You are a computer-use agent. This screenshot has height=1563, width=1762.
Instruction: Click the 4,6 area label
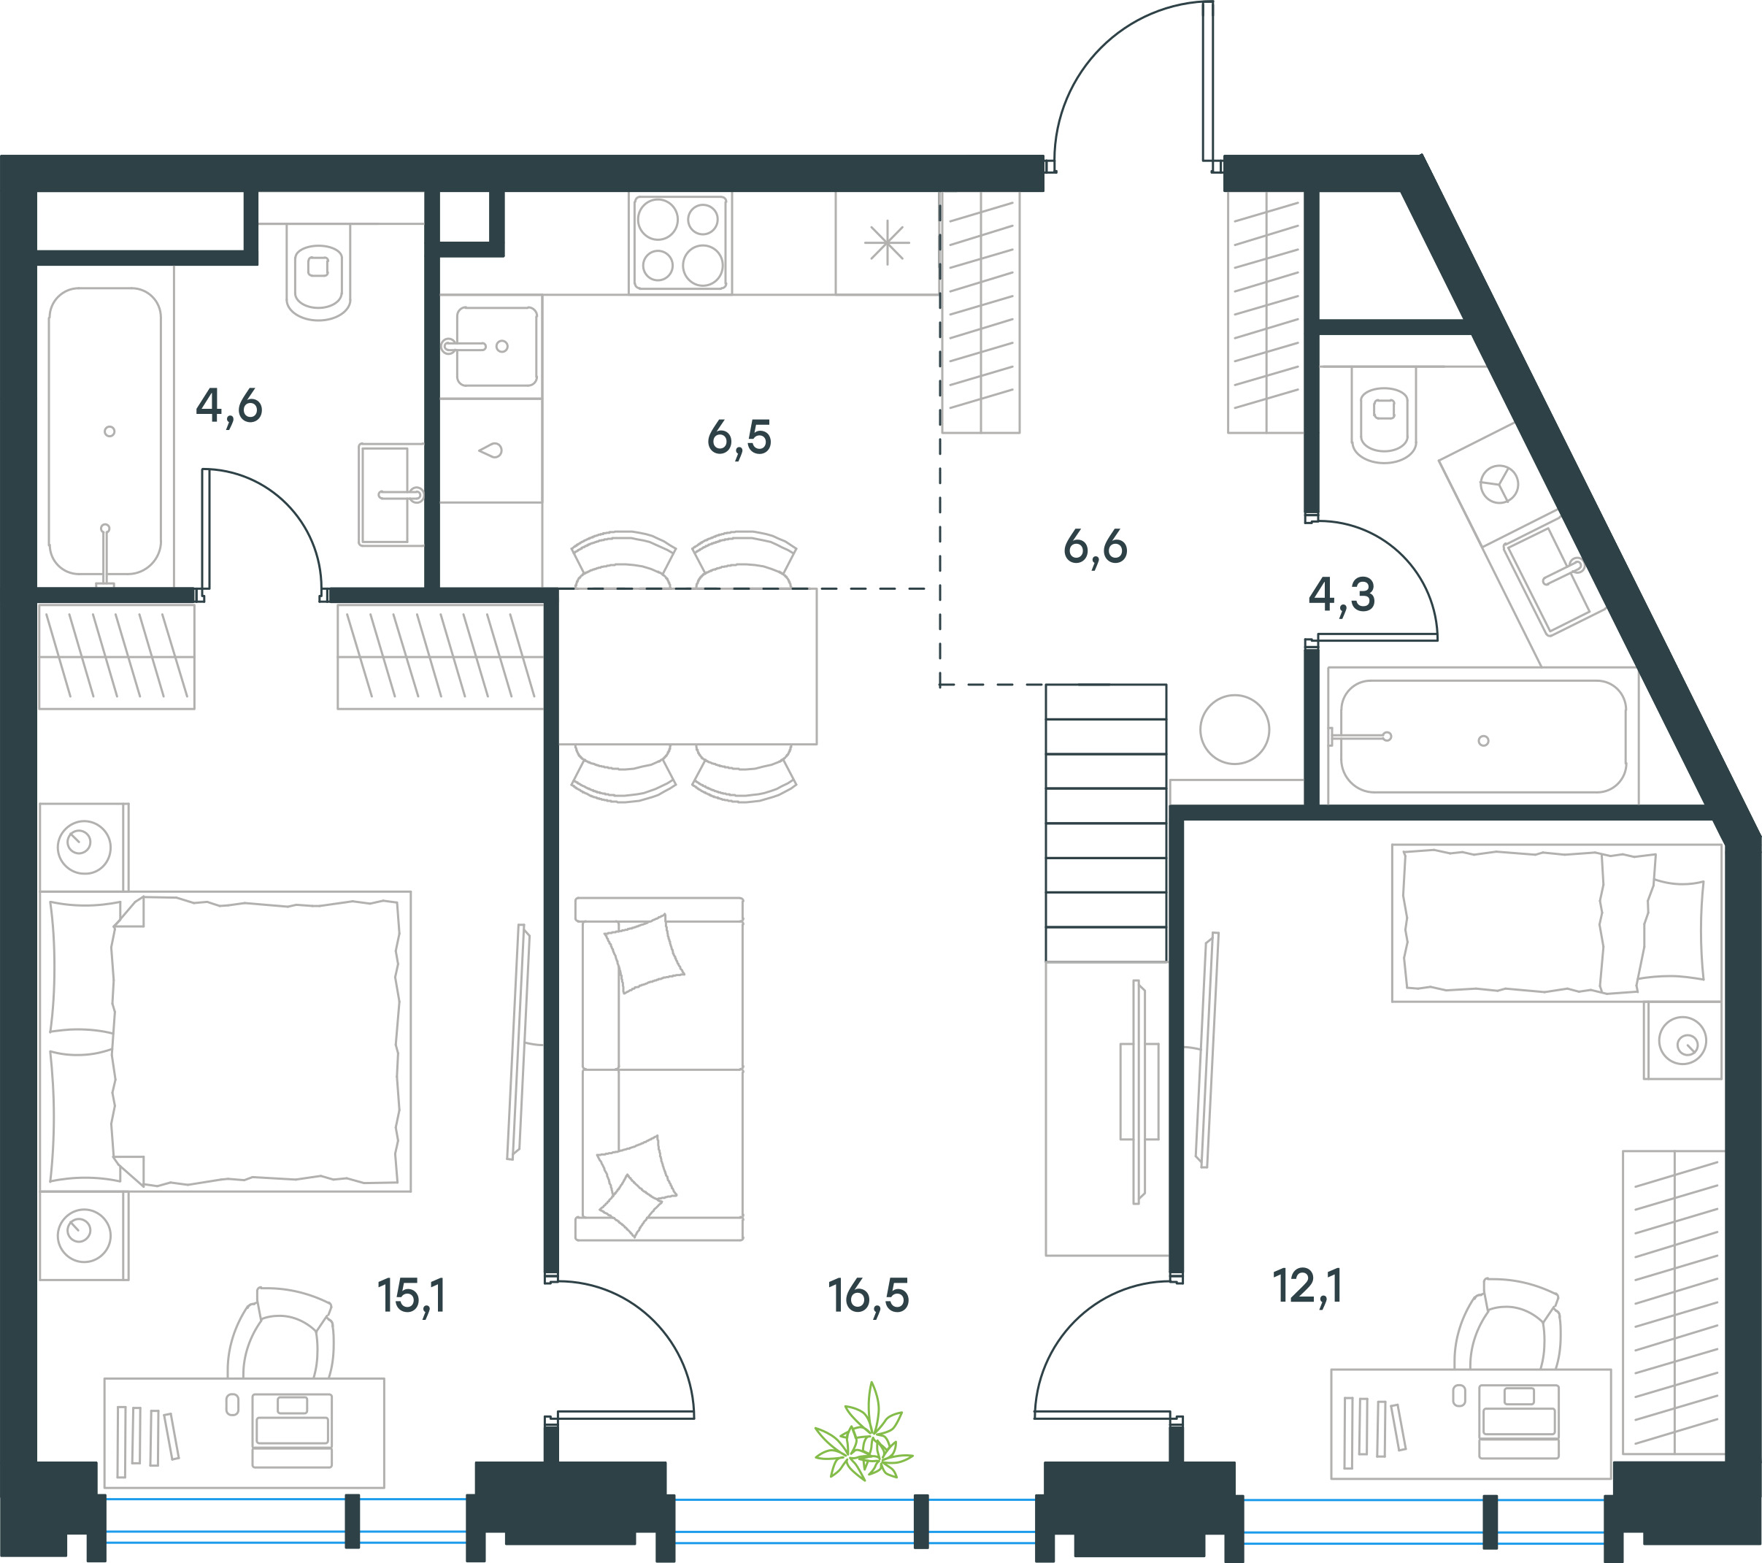228,406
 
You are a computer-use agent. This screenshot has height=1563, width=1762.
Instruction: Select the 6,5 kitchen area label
739,438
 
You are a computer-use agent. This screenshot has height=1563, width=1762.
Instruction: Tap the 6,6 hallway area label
1095,548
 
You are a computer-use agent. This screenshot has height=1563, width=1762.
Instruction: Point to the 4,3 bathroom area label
1342,594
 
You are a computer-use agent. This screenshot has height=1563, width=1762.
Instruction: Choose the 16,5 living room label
868,1296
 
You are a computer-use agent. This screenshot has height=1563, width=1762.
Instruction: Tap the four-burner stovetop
680,242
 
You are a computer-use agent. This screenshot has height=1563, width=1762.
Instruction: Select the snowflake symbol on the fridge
887,243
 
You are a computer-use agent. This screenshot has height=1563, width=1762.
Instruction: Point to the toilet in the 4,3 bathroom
1384,415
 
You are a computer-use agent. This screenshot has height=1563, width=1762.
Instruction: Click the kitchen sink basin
496,347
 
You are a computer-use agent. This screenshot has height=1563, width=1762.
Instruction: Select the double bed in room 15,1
225,1042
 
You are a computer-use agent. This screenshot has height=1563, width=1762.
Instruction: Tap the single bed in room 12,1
1557,923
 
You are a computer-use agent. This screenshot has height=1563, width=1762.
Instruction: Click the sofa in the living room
659,1069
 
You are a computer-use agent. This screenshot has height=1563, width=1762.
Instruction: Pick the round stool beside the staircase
1234,729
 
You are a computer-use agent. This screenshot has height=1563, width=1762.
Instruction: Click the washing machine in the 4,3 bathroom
1499,483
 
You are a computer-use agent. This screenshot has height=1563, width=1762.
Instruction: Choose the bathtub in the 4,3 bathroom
1482,737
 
